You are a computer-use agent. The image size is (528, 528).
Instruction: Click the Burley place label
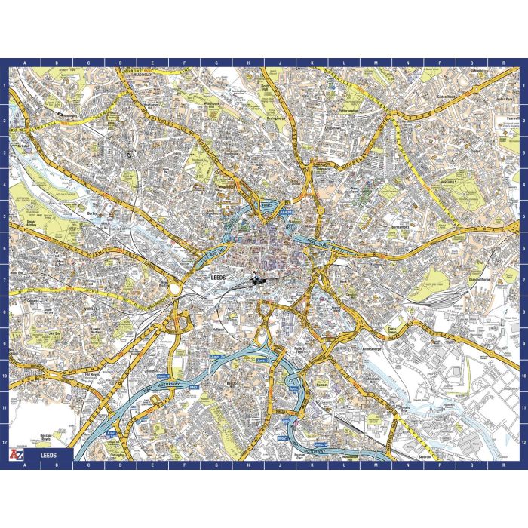(x=94, y=213)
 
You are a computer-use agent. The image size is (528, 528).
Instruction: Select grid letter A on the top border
(x=26, y=63)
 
